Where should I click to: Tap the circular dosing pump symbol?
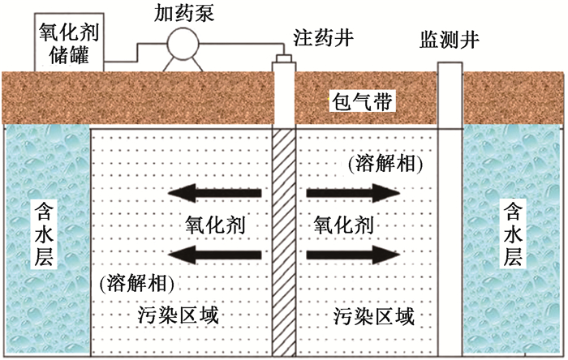[183, 44]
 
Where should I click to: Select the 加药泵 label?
[184, 14]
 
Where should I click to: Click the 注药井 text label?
[323, 37]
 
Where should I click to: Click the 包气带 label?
[362, 101]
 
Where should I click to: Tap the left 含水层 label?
[44, 234]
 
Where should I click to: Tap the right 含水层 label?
[513, 234]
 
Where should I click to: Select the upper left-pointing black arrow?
[214, 193]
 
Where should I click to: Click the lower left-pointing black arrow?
[214, 255]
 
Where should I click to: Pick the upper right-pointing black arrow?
[353, 193]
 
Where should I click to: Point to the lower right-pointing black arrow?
[353, 255]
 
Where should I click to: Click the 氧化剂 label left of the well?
[215, 225]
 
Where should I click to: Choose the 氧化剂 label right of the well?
[343, 225]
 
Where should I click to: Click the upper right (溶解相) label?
[385, 164]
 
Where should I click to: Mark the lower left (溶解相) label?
[136, 283]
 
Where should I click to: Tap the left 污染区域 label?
[179, 315]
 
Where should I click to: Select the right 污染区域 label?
[373, 316]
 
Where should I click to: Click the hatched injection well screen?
[284, 242]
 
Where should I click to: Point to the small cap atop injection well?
[284, 58]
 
